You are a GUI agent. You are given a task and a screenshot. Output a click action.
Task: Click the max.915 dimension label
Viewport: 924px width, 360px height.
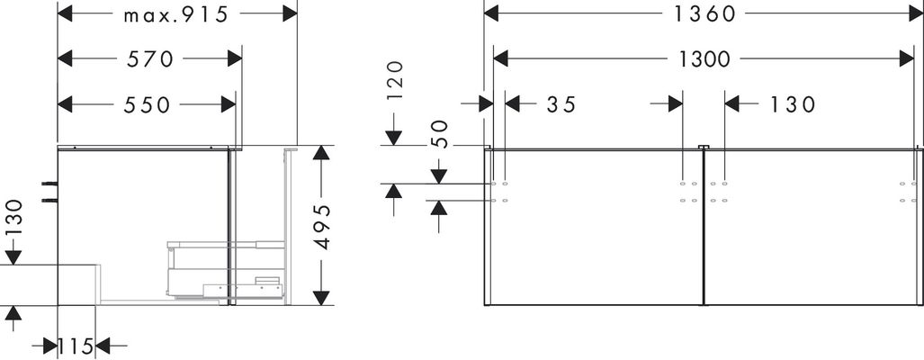pos(175,14)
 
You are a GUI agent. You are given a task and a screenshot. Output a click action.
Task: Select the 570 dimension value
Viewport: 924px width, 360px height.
pos(150,58)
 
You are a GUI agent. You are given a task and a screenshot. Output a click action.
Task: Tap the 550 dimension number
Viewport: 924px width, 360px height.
pos(147,105)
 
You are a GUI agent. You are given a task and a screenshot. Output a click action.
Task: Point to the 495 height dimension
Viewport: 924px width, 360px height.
pos(322,227)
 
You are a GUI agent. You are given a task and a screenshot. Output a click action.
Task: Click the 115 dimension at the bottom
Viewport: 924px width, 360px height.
pos(76,346)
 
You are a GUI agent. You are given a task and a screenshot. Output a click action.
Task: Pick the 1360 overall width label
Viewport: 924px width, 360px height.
pos(704,13)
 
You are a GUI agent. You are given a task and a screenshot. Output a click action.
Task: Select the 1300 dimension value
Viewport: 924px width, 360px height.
pos(704,58)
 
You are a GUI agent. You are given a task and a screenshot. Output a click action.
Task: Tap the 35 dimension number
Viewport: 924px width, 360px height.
pos(561,104)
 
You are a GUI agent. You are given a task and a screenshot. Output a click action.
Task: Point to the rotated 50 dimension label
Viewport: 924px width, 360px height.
pos(440,134)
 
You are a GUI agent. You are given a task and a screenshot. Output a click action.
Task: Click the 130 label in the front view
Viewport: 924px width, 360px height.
pos(792,104)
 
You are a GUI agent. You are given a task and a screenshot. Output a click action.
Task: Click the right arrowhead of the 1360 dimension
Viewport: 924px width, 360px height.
pos(907,13)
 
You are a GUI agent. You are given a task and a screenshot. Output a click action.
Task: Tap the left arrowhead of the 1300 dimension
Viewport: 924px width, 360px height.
pos(501,58)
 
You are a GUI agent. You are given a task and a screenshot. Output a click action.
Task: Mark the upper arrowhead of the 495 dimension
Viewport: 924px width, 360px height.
pos(320,153)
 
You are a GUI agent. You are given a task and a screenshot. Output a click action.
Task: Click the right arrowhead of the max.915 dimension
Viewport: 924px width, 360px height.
pos(290,13)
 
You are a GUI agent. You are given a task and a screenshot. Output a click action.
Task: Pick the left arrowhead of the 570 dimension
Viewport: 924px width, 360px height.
pos(66,58)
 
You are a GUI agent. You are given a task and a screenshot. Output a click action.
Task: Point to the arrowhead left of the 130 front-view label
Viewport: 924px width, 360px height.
pos(732,104)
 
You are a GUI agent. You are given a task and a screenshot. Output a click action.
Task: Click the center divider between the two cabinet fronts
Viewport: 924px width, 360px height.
pos(704,227)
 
